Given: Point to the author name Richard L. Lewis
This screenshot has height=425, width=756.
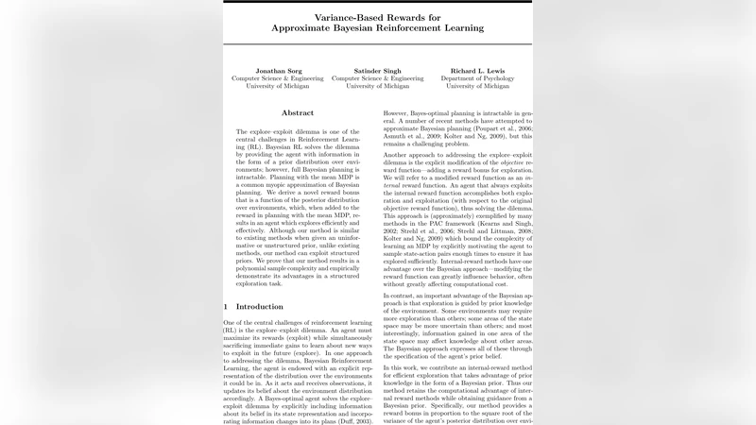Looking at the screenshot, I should click(x=486, y=70).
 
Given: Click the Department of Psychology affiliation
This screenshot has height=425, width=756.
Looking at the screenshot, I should click(x=486, y=77).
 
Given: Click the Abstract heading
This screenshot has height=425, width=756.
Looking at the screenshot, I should click(x=298, y=112).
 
